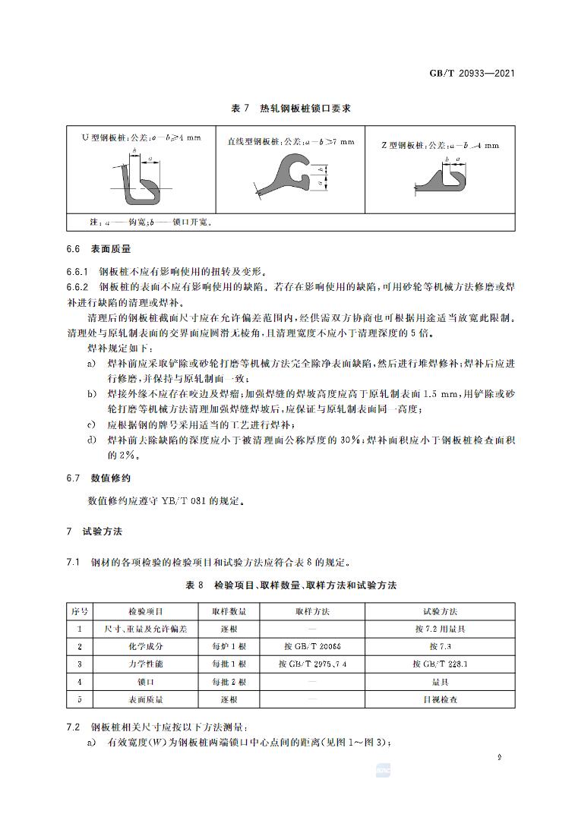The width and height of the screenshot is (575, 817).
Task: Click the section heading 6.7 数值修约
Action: [98, 479]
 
